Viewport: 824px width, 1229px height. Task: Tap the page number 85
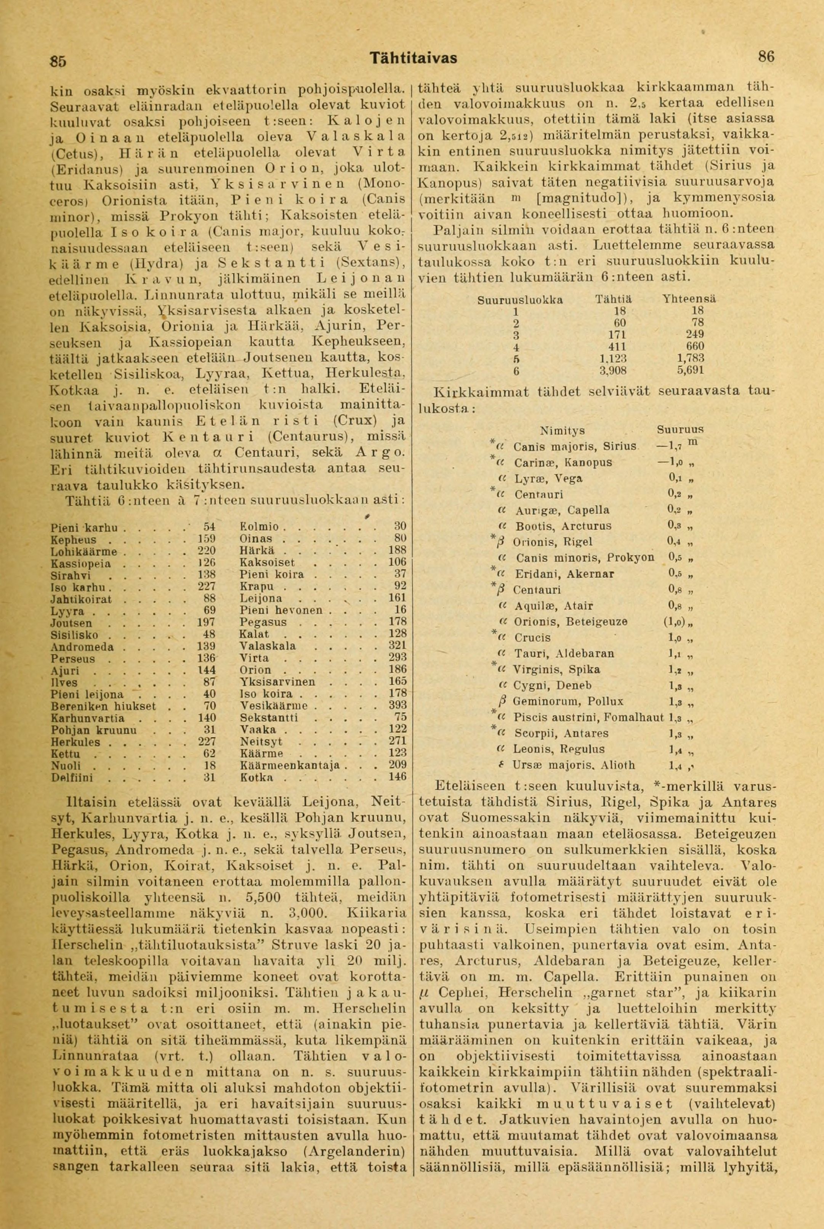pos(58,61)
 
